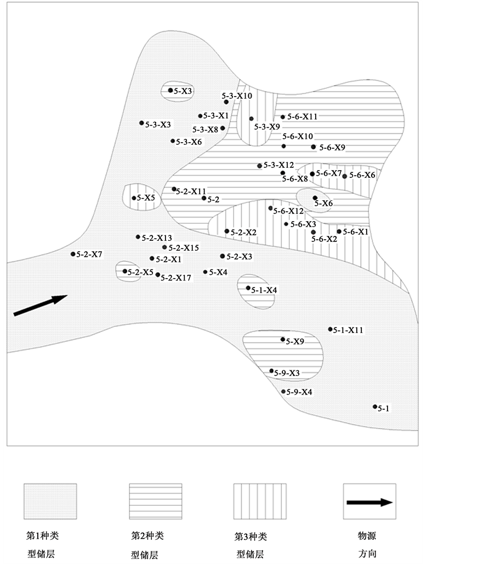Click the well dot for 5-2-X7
pos(73,254)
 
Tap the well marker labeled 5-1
pos(375,407)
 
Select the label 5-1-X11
pos(349,330)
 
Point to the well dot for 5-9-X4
pos(283,391)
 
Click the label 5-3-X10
pos(237,95)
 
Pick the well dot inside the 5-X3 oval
pos(170,91)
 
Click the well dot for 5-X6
pos(315,198)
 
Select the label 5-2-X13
pos(157,238)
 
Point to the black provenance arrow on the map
pos(40,305)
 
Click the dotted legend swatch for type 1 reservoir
pos(50,501)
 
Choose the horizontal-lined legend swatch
pos(155,501)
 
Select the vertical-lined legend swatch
pos(260,501)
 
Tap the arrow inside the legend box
pos(370,502)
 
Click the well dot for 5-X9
pos(283,340)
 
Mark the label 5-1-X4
pos(264,290)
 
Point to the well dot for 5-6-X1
pos(339,232)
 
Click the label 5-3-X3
pos(158,125)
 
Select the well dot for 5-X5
pos(134,198)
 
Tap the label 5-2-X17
pos(176,278)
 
